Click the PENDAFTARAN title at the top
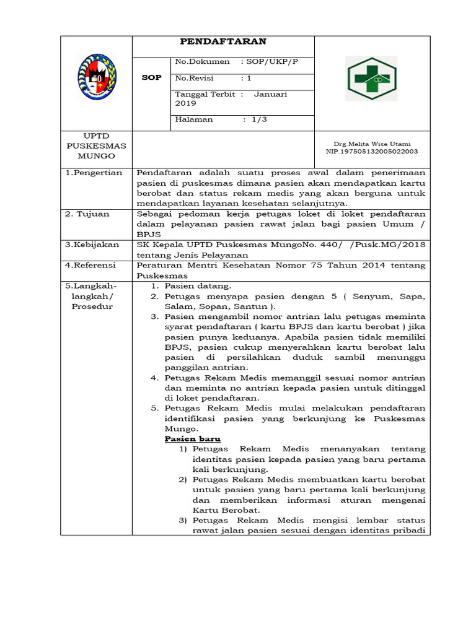(x=223, y=41)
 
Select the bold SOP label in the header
(x=151, y=78)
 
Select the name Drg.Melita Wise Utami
(x=372, y=144)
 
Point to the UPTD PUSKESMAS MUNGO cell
(x=96, y=145)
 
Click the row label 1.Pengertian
(x=94, y=173)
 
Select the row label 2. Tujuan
(x=88, y=214)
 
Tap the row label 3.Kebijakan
(x=92, y=245)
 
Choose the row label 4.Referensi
(x=91, y=265)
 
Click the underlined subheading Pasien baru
(x=188, y=438)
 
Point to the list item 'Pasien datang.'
(x=198, y=285)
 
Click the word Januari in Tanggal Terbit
(x=270, y=95)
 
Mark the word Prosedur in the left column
(x=92, y=306)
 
